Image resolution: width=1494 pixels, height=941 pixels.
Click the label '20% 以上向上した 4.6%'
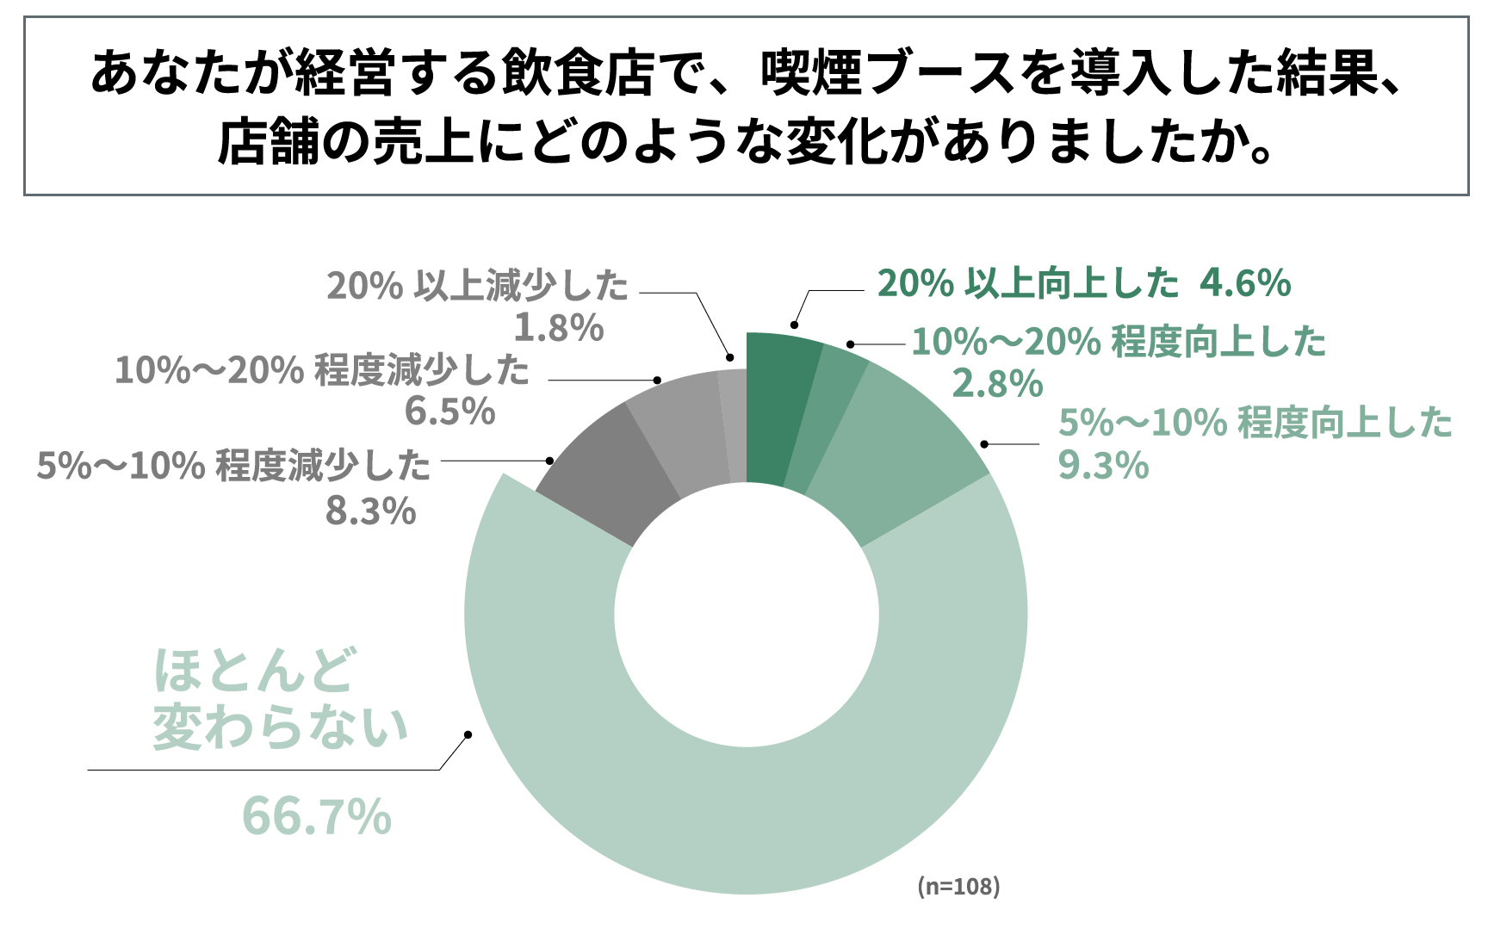tap(1083, 283)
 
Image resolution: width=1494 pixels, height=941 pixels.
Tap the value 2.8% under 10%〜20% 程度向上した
tap(997, 384)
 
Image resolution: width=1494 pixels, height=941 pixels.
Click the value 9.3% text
tap(1103, 466)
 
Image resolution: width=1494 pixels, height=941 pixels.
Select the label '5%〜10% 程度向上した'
tap(1255, 423)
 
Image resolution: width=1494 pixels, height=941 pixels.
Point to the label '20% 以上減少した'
tap(478, 286)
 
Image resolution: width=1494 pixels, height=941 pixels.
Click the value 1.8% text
tap(559, 328)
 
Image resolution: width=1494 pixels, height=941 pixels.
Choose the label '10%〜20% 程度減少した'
tap(322, 370)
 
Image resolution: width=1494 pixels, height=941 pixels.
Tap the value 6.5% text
tap(450, 412)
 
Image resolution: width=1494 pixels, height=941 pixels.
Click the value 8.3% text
tap(370, 511)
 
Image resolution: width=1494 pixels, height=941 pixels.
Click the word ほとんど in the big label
tap(254, 672)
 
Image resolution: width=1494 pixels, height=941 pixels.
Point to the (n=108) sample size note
tap(958, 886)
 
